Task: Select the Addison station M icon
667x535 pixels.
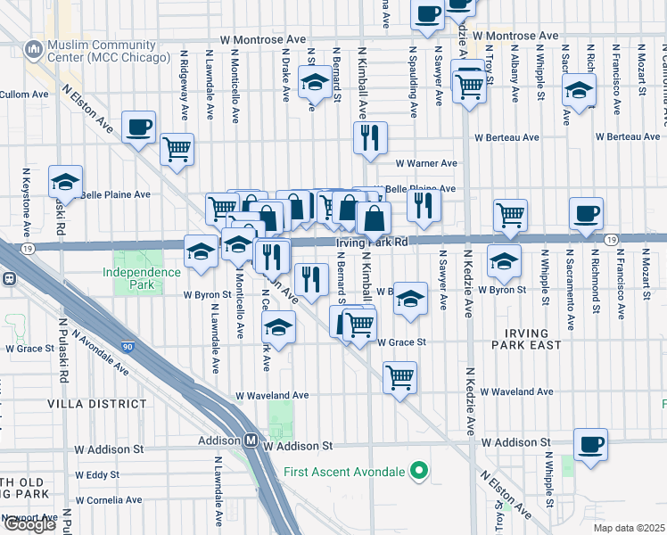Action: point(251,440)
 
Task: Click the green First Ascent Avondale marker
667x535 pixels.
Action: point(417,472)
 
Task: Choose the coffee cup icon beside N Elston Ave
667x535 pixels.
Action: point(138,127)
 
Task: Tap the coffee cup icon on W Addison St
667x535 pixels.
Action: point(589,443)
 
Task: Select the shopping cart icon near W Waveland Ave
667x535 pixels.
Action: point(400,376)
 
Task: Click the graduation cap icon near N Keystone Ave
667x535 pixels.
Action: point(65,181)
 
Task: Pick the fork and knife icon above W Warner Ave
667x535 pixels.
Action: point(369,137)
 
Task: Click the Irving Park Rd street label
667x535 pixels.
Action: point(371,242)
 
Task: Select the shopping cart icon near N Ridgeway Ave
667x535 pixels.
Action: point(177,149)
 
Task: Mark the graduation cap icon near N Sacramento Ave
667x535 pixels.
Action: point(579,90)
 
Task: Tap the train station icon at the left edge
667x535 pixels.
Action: point(8,277)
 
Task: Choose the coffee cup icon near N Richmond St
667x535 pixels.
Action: point(586,213)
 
